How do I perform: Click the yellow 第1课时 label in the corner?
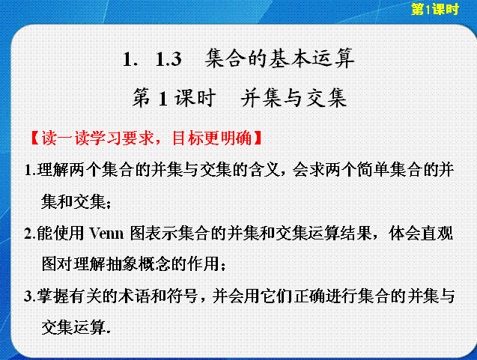pyautogui.click(x=435, y=9)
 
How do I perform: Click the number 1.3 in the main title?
pyautogui.click(x=168, y=58)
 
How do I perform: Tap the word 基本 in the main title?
pyautogui.click(x=289, y=58)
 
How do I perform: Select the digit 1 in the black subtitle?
pyautogui.click(x=163, y=99)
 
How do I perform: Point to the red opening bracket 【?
pyautogui.click(x=35, y=138)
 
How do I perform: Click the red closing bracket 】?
pyautogui.click(x=258, y=138)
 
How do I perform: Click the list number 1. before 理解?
pyautogui.click(x=30, y=171)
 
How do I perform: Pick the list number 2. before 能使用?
pyautogui.click(x=30, y=234)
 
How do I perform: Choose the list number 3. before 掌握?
pyautogui.click(x=30, y=296)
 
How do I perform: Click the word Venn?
pyautogui.click(x=106, y=234)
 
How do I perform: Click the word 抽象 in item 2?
pyautogui.click(x=122, y=263)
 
